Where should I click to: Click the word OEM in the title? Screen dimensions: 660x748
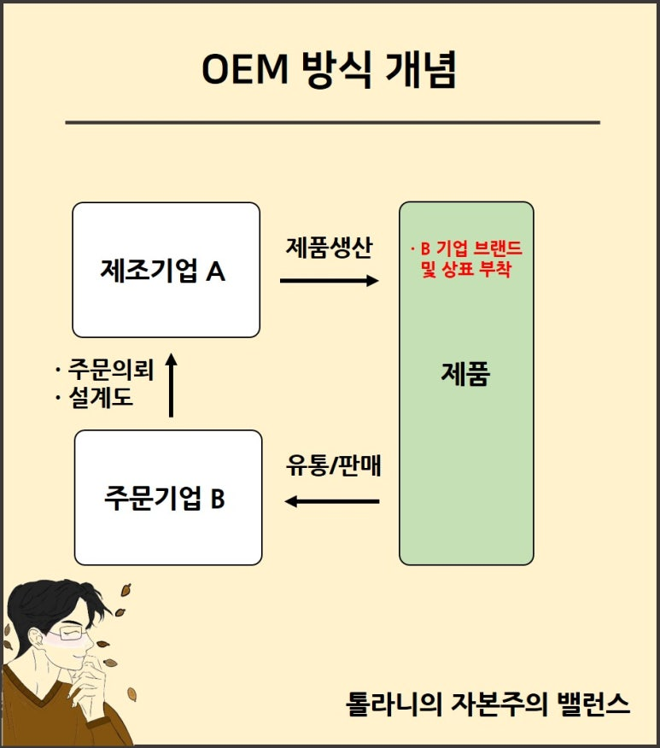245,69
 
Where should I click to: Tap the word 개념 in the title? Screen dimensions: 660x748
421,69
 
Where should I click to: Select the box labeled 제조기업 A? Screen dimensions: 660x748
166,270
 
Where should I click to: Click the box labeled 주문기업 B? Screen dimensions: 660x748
168,498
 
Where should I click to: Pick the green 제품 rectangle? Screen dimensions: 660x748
466,383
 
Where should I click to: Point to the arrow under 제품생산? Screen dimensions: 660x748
329,280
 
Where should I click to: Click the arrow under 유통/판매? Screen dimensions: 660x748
332,501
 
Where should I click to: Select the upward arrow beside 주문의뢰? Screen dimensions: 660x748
172,385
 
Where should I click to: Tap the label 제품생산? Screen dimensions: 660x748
329,248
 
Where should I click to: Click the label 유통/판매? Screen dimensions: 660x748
333,465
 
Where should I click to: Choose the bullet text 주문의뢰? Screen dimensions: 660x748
111,369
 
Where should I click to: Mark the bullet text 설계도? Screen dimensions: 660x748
100,397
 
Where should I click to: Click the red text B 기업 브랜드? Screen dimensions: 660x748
471,248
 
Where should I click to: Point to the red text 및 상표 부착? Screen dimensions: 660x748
466,269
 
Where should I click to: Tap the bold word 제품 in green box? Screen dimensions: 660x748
465,373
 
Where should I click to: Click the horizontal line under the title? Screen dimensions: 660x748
332,123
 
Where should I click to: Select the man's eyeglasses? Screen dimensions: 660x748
72,633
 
